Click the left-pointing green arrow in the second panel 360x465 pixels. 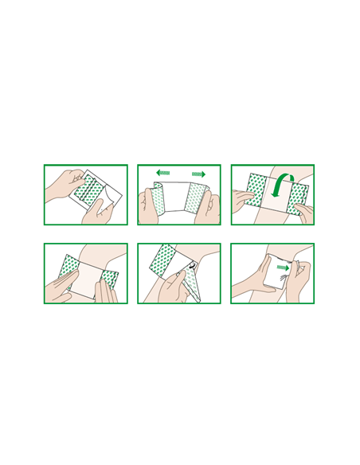click(x=162, y=173)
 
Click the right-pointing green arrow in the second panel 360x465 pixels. click(x=198, y=174)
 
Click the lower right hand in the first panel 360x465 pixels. click(x=102, y=211)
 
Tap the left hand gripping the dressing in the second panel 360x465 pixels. click(x=148, y=207)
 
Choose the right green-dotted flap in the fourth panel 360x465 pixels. click(x=108, y=279)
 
